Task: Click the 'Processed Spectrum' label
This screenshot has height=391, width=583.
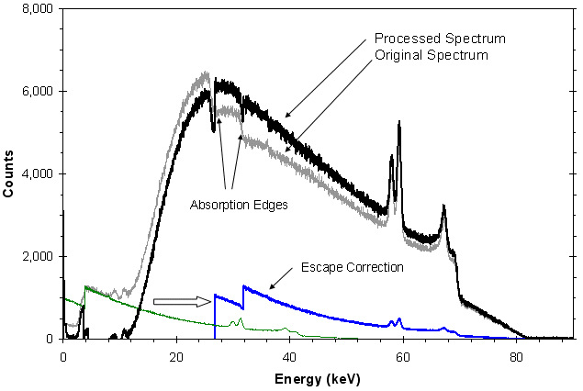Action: (x=440, y=39)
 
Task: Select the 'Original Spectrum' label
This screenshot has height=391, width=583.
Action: (x=432, y=55)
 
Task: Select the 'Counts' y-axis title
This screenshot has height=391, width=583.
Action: (x=11, y=174)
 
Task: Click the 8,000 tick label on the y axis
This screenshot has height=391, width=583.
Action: (x=36, y=9)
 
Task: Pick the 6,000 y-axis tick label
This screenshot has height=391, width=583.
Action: (x=36, y=92)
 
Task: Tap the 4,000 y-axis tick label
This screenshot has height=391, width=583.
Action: (x=36, y=174)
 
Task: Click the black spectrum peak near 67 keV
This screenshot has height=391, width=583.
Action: (x=444, y=208)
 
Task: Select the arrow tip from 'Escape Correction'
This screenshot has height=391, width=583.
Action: (x=270, y=289)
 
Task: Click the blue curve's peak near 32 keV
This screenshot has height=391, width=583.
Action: (x=244, y=286)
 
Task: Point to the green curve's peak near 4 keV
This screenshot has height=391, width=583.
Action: (x=85, y=287)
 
